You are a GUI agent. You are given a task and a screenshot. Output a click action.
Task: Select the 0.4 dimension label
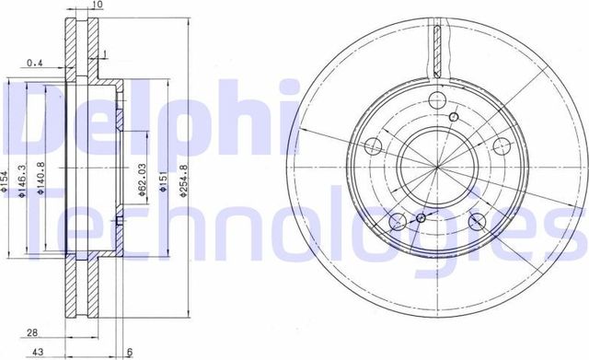[35, 63]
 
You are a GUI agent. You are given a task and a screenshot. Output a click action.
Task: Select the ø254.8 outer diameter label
[185, 184]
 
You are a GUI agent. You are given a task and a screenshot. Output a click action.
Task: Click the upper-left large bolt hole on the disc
[374, 146]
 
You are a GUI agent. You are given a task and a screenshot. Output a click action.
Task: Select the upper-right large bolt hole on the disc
[502, 146]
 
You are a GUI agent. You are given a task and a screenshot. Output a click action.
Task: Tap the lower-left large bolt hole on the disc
[398, 222]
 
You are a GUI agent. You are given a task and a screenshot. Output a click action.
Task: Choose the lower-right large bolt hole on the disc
[477, 222]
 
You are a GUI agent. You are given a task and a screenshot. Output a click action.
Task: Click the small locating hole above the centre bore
[455, 118]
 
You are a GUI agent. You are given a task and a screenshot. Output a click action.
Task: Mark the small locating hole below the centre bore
[421, 218]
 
